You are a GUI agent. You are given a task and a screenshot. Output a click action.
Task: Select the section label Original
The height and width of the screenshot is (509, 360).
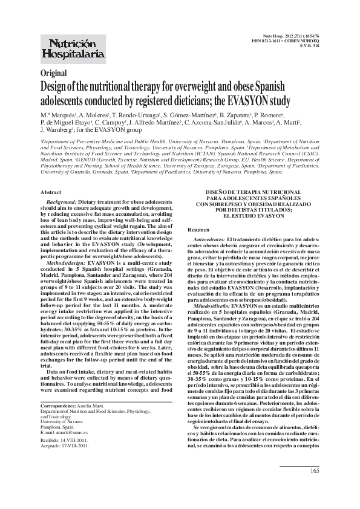click(53, 73)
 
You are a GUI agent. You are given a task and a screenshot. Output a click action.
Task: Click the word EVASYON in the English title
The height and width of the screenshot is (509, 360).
click(252, 100)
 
